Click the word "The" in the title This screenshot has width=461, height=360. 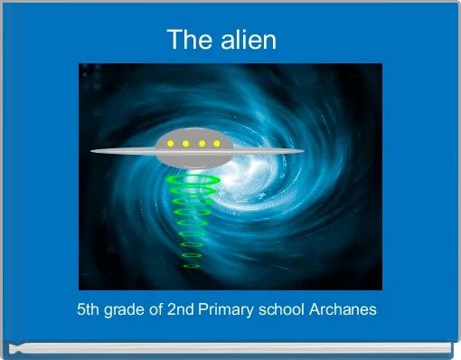pyautogui.click(x=188, y=40)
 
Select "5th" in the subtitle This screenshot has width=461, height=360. pyautogui.click(x=90, y=309)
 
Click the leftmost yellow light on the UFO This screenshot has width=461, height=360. pyautogui.click(x=170, y=143)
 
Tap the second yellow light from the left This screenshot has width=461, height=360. pyautogui.click(x=185, y=143)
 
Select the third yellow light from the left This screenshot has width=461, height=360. pyautogui.click(x=201, y=143)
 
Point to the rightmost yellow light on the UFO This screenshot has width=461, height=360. pyautogui.click(x=216, y=143)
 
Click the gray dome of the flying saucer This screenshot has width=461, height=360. pyautogui.click(x=193, y=136)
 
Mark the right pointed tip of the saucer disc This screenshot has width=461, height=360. pyautogui.click(x=303, y=151)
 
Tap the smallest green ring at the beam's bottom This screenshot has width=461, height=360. pyautogui.click(x=192, y=266)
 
